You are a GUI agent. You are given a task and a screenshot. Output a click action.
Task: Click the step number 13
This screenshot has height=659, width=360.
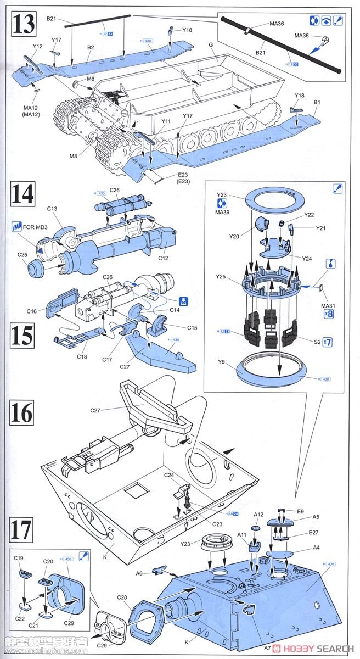pyautogui.click(x=24, y=25)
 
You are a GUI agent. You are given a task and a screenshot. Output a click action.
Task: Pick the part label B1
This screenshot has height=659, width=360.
pyautogui.click(x=317, y=102)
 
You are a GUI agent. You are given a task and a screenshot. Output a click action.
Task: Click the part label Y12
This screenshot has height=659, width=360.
pyautogui.click(x=37, y=47)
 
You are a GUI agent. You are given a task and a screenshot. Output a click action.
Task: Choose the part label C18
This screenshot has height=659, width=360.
pyautogui.click(x=82, y=358)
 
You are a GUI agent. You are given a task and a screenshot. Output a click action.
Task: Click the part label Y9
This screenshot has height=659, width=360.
pyautogui.click(x=221, y=361)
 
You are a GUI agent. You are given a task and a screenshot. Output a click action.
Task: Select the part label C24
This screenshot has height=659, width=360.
pyautogui.click(x=169, y=474)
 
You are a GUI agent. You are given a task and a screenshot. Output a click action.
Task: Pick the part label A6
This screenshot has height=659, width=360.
pyautogui.click(x=139, y=573)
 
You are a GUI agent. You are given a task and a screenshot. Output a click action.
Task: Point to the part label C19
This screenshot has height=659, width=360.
pyautogui.click(x=19, y=558)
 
